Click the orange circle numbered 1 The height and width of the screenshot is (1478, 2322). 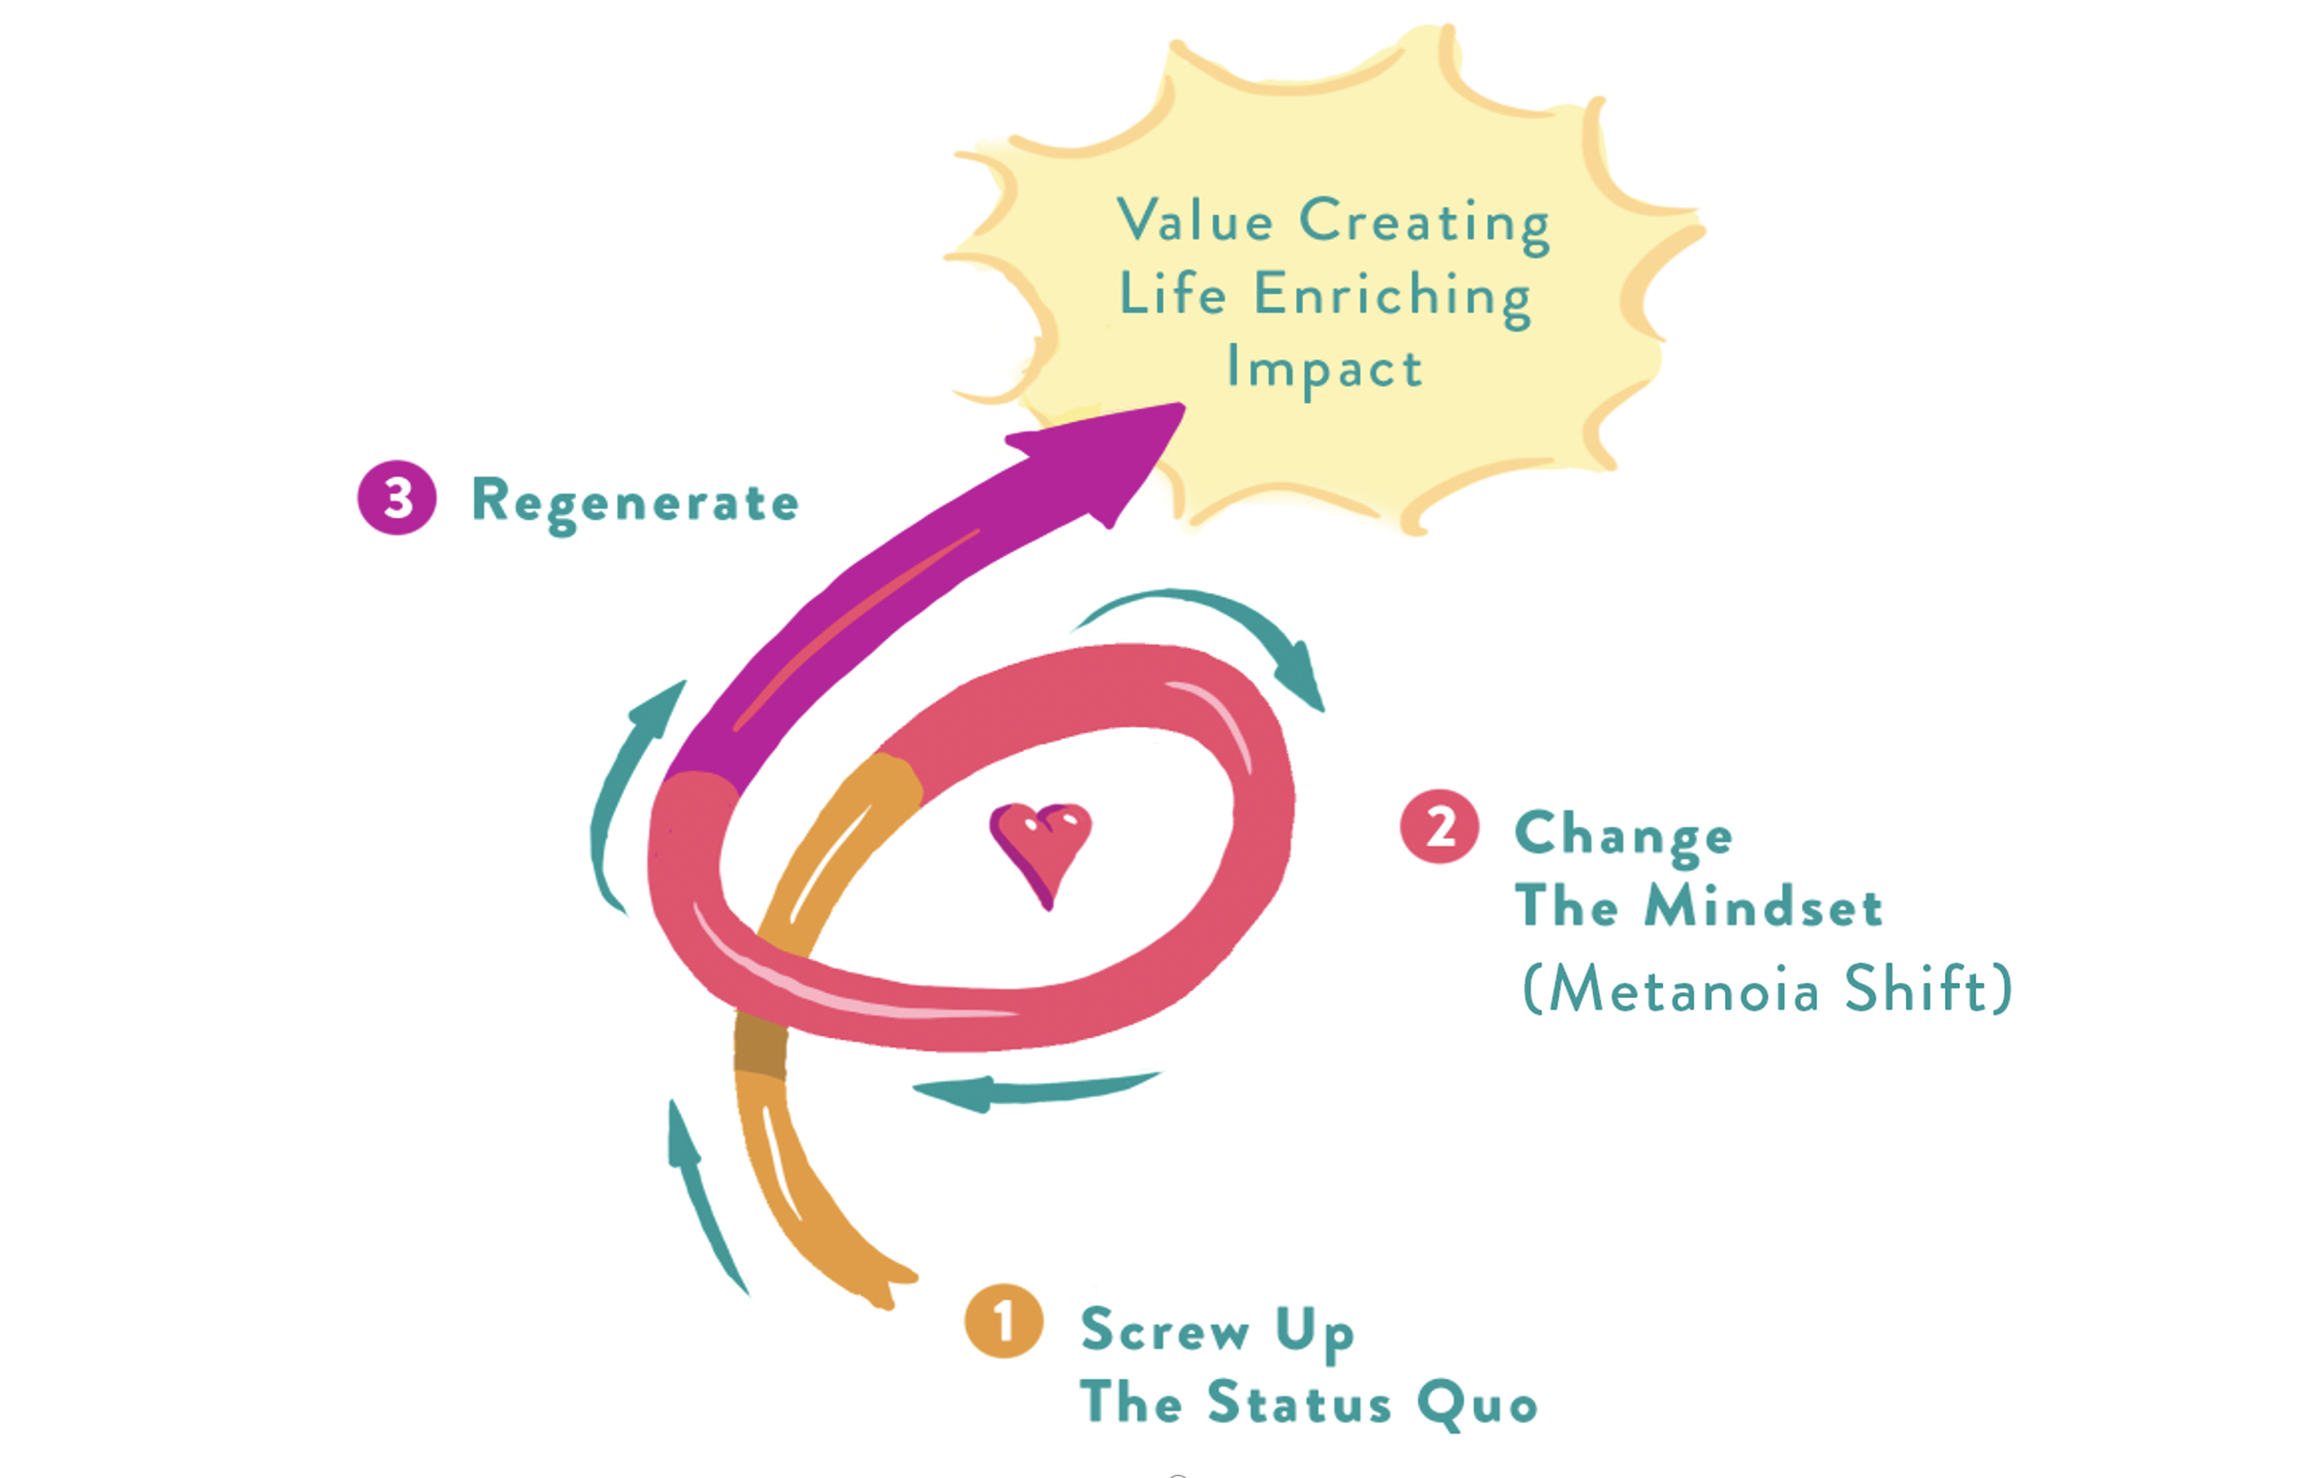[1003, 1320]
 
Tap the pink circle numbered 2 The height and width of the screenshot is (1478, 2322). [1439, 827]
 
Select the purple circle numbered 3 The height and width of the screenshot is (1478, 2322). [396, 497]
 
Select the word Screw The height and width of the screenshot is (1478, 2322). [1164, 1329]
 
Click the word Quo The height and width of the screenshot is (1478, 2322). [1477, 1404]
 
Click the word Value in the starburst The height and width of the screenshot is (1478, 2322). [1194, 221]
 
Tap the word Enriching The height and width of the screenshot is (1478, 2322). [1392, 296]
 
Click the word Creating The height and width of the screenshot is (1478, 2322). [1424, 224]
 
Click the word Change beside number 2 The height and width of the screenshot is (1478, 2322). [1624, 834]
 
